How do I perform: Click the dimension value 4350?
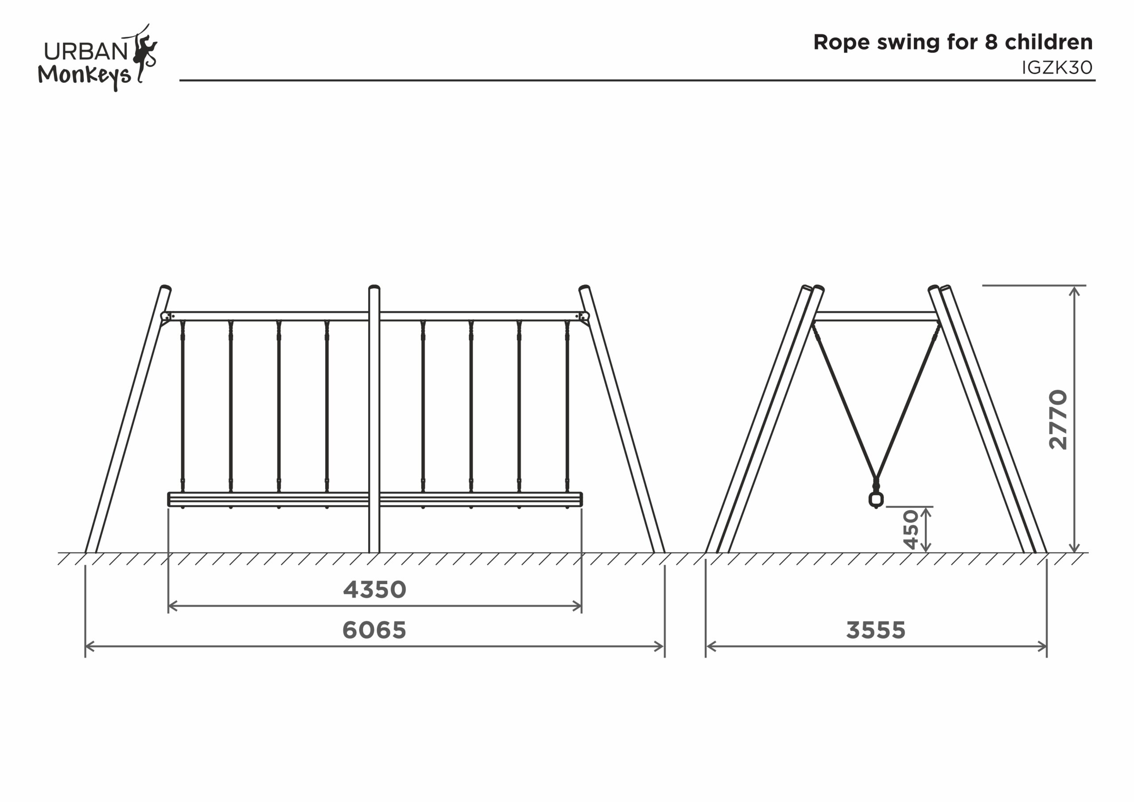(x=374, y=589)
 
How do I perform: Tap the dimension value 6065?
(x=374, y=630)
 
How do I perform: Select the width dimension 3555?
(x=876, y=630)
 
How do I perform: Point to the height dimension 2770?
(x=1058, y=419)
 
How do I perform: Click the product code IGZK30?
(x=1057, y=68)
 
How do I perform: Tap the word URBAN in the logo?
(x=86, y=51)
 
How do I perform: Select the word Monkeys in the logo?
(x=84, y=75)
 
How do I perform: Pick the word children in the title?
(x=1049, y=43)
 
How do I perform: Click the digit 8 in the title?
(x=991, y=43)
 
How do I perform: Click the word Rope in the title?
(x=842, y=43)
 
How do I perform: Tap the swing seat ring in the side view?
(x=876, y=499)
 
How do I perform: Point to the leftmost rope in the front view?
(x=183, y=405)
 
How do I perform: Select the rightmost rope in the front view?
(x=567, y=405)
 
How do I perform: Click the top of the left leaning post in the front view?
(x=166, y=288)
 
